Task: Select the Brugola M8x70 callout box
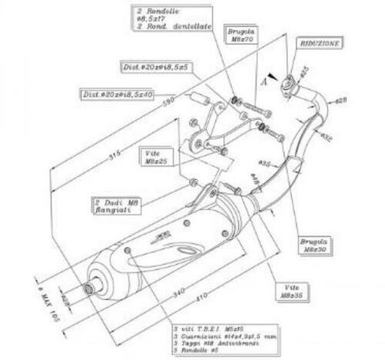(x=241, y=35)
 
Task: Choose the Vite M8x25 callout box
(x=155, y=158)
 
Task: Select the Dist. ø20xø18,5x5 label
(x=156, y=68)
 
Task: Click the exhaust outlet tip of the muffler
(x=91, y=288)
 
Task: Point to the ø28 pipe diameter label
(x=342, y=100)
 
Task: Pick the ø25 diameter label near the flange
(x=303, y=70)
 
